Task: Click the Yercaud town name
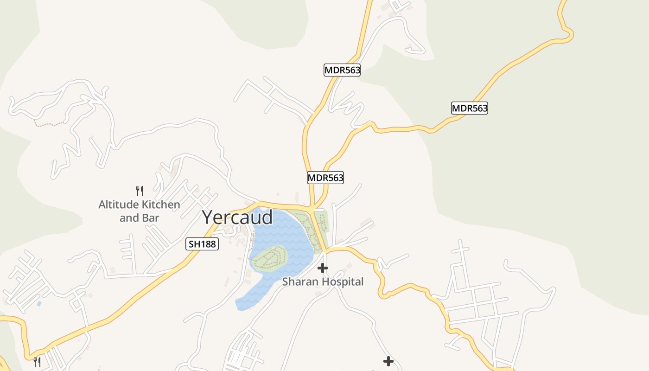click(237, 217)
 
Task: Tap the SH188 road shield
click(202, 243)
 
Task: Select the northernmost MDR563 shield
click(342, 70)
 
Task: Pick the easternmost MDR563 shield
click(470, 108)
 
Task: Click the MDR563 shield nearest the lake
click(325, 178)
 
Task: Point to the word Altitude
click(118, 204)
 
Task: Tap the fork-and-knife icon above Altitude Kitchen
click(139, 191)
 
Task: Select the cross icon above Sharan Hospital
click(323, 268)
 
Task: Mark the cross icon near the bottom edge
click(388, 361)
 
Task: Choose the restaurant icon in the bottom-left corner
click(37, 361)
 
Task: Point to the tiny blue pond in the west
click(39, 304)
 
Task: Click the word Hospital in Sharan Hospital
click(343, 281)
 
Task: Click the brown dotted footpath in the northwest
click(49, 124)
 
